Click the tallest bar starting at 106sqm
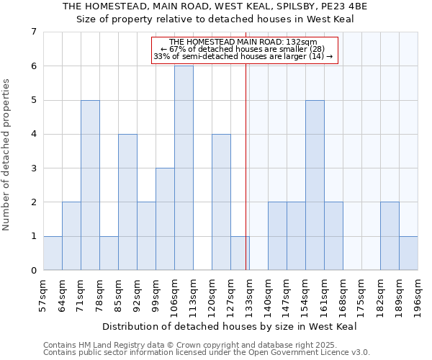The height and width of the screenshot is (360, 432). pos(184,168)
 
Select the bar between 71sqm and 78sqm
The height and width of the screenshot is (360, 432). pos(90,185)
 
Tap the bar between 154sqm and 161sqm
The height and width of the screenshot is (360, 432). pos(315,185)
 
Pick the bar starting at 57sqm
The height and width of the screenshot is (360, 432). pos(53,253)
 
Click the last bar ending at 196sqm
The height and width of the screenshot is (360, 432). pos(408,253)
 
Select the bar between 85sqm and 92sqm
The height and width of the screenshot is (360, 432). pos(127,202)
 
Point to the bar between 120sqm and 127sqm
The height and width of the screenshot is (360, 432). pos(221,202)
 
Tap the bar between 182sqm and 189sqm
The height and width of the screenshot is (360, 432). pos(390,236)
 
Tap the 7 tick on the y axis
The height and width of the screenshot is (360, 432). pos(33,32)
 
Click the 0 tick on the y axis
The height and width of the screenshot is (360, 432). pos(33,271)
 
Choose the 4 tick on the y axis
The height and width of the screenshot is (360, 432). pos(33,134)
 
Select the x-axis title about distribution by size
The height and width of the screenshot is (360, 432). pos(234,326)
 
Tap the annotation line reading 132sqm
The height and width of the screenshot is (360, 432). pos(243,42)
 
